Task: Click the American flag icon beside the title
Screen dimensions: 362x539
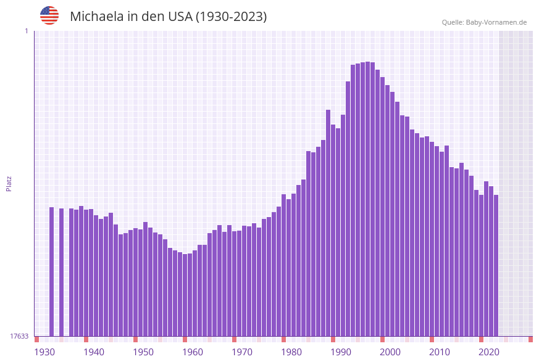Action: coord(49,15)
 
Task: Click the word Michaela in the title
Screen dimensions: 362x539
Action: coord(97,17)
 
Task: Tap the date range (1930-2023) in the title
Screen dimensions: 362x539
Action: coord(231,17)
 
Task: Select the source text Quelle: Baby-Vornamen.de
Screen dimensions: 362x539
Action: coord(484,22)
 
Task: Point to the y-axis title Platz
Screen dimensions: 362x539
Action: coord(9,183)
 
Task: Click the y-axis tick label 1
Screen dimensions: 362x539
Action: coord(27,31)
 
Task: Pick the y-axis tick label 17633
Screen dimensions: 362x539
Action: coord(19,336)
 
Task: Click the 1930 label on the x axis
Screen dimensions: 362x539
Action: coord(44,352)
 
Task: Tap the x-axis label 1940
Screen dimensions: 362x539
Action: coord(94,352)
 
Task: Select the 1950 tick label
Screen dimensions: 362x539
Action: coord(143,352)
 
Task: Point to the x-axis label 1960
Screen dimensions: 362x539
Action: coord(193,352)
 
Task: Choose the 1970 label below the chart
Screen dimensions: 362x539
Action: coord(242,352)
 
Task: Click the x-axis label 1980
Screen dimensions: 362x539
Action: coord(291,352)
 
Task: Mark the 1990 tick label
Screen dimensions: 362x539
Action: coord(341,352)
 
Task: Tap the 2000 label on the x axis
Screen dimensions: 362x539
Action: coord(390,352)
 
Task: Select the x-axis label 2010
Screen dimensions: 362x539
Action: coord(440,352)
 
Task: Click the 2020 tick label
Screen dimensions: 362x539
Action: coord(489,352)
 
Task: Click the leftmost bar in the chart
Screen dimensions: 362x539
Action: coord(52,271)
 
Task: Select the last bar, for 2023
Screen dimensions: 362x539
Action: coord(496,265)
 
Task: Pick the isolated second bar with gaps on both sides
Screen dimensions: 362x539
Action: coord(62,272)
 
